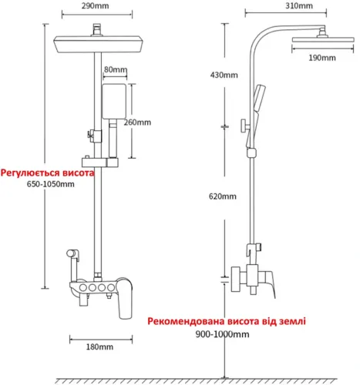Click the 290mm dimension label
pyautogui.click(x=95, y=6)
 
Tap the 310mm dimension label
pyautogui.click(x=299, y=5)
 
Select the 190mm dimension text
pyautogui.click(x=322, y=58)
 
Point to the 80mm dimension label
pyautogui.click(x=116, y=69)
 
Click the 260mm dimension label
pyautogui.click(x=137, y=122)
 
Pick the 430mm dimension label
pyautogui.click(x=224, y=75)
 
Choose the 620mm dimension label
pyautogui.click(x=223, y=196)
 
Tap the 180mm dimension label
pyautogui.click(x=99, y=347)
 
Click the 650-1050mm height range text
pyautogui.click(x=51, y=184)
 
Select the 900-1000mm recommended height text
pyautogui.click(x=222, y=334)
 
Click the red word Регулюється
pyautogui.click(x=30, y=173)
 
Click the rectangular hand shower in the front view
pyautogui.click(x=114, y=102)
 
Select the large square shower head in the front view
pyautogui.click(x=98, y=44)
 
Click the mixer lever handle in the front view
pyautogui.click(x=125, y=299)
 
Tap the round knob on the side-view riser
pyautogui.click(x=245, y=126)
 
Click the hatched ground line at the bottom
pyautogui.click(x=196, y=381)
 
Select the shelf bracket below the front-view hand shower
pyautogui.click(x=100, y=162)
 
